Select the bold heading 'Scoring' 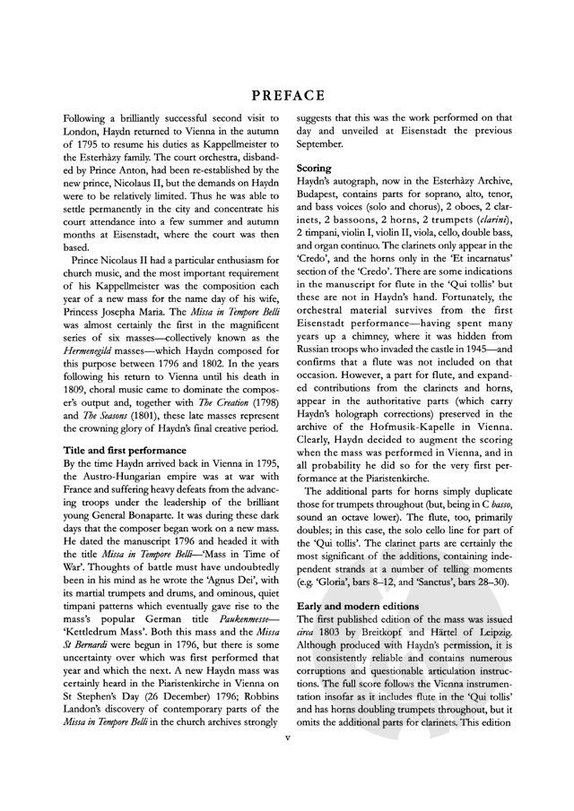point(314,168)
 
